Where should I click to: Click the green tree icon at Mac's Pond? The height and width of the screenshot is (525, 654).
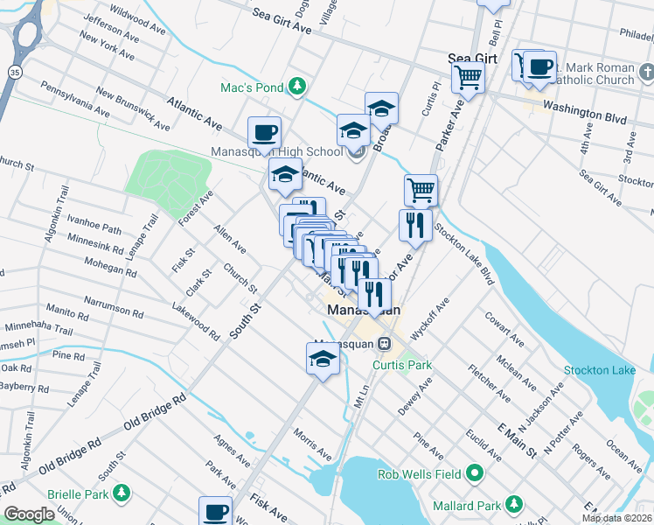point(298,86)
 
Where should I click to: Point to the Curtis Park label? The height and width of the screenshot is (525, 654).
point(403,365)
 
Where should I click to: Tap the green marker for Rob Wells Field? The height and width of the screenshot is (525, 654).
point(476,474)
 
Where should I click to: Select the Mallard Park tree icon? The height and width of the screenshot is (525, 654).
point(514,505)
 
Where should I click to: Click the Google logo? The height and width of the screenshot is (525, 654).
point(29,514)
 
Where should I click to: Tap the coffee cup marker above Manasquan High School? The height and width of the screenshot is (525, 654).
point(264,133)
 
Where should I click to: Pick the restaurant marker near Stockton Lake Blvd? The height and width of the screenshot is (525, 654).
point(415,226)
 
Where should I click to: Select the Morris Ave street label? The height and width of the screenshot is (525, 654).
point(312,444)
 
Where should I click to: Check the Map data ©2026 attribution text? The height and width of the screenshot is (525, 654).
point(616,518)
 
